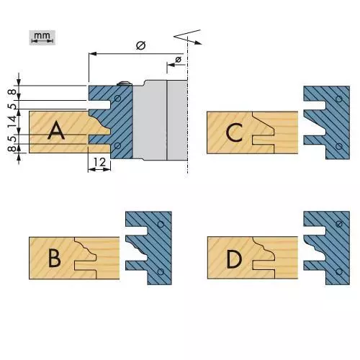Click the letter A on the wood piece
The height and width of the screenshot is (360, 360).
(56, 130)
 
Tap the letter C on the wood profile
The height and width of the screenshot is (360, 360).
(234, 132)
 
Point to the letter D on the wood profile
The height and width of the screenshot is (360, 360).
(234, 259)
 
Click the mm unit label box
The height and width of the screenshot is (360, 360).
(42, 37)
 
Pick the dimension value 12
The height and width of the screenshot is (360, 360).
(99, 163)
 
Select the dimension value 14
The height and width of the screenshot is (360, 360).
(13, 121)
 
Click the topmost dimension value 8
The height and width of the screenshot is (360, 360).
(13, 92)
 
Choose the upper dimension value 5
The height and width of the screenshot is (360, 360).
(13, 106)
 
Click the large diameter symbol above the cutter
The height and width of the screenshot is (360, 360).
(141, 45)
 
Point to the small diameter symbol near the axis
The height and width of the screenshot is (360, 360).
(179, 59)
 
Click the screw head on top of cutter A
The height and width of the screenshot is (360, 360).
(125, 83)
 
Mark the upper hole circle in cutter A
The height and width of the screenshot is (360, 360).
(118, 99)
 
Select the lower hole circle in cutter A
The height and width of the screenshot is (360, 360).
(117, 145)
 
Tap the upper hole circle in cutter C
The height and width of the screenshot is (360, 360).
(339, 99)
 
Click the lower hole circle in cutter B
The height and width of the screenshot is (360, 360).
(161, 271)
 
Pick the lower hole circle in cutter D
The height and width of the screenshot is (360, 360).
(339, 271)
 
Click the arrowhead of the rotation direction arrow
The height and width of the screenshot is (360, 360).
(198, 42)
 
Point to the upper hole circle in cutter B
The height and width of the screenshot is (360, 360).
(161, 225)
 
